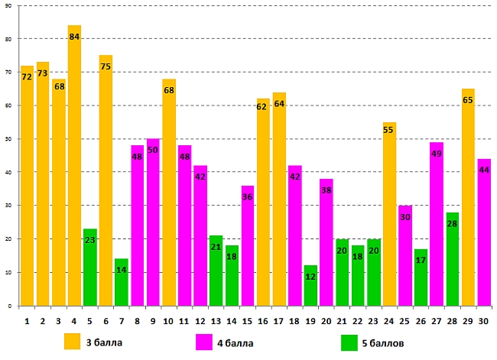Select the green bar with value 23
pos(90,267)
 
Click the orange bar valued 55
pos(389,213)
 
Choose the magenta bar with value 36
pos(248,245)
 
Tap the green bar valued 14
pos(122,282)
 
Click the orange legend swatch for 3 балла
pos(73,341)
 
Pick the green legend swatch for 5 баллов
pos(349,341)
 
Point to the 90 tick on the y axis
pos(8,6)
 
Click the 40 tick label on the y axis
pos(8,173)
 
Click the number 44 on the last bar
pos(484,170)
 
